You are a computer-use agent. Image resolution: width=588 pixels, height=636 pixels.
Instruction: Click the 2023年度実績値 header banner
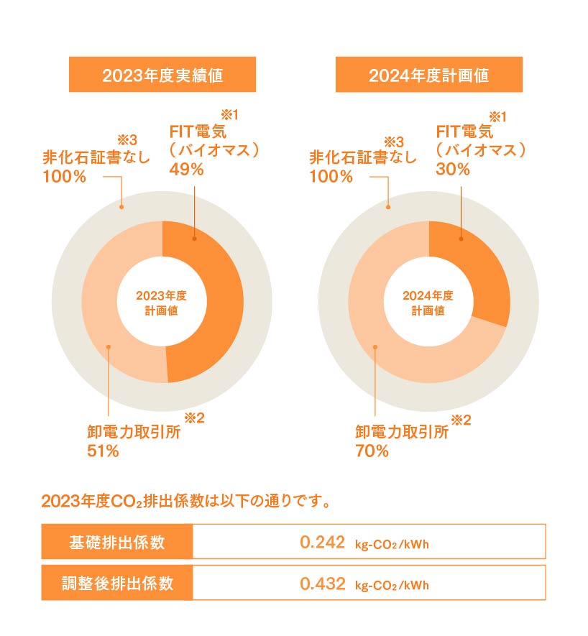(162, 75)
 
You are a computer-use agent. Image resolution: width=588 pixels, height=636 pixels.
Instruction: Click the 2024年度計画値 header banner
(428, 75)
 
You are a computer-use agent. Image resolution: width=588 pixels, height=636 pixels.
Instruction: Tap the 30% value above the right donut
(453, 170)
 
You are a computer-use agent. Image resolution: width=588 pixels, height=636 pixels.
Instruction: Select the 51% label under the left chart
(102, 451)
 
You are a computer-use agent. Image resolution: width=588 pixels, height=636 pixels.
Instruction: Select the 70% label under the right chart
(372, 451)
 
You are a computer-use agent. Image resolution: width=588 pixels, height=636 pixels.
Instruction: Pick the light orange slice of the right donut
(388, 338)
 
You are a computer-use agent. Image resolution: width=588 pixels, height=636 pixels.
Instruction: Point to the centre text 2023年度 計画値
(162, 303)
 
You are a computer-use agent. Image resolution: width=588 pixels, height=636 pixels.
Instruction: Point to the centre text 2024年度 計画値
(428, 303)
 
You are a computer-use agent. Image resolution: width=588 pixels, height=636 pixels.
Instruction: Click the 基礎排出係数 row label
(117, 542)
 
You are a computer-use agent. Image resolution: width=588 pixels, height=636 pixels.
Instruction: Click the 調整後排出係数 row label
(117, 583)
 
